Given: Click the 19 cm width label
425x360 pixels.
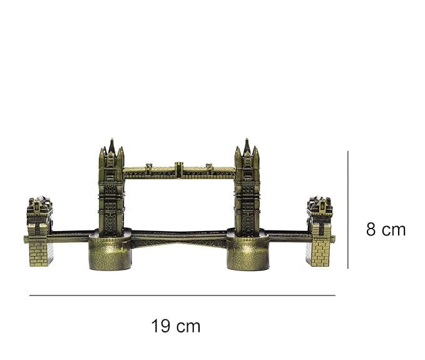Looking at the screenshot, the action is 176,326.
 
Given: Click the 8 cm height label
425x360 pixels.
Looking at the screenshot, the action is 386,229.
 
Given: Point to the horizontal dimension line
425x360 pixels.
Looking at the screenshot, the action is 182,296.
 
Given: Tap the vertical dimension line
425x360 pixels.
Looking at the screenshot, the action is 348,210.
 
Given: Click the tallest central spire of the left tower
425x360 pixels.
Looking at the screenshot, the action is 111,146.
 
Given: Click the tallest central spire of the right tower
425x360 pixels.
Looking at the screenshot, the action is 247,146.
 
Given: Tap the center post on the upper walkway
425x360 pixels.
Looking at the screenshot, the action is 178,170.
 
